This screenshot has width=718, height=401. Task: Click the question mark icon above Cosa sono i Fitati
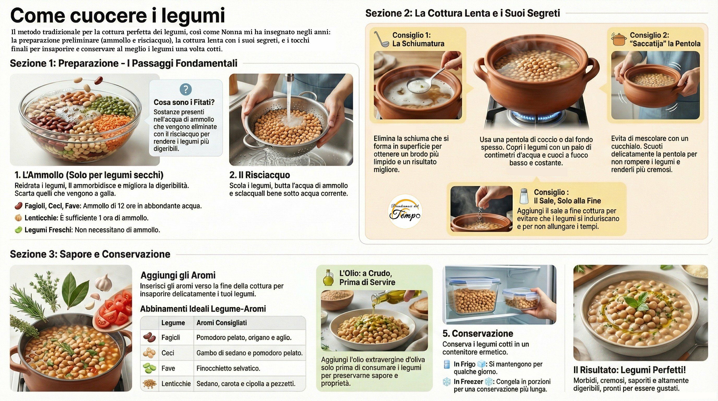click(x=186, y=90)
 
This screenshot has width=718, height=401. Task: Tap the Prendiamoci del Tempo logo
click(x=405, y=211)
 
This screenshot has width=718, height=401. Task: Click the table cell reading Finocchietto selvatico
click(x=228, y=368)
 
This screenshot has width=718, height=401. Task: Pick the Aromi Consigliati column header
click(x=221, y=323)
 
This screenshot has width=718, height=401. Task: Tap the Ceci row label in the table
click(x=168, y=353)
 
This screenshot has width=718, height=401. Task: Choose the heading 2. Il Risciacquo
click(x=259, y=175)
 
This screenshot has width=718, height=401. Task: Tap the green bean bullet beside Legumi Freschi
click(x=19, y=230)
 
